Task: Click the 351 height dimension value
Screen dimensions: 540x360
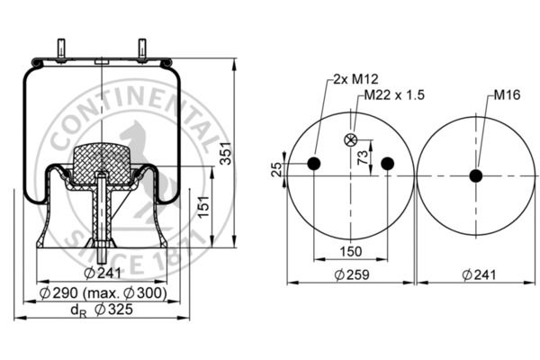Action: coord(226,153)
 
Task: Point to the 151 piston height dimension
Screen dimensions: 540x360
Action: coord(204,206)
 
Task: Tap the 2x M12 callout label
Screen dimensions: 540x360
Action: coord(355,79)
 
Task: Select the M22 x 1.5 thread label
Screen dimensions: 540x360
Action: coord(394,94)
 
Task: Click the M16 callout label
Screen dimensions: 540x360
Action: coord(507,94)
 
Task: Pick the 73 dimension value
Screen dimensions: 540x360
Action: coord(363,157)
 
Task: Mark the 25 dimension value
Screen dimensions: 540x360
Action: coord(276,169)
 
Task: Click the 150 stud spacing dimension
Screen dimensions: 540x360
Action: coord(351,251)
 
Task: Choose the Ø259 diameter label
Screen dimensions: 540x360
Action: coord(352,274)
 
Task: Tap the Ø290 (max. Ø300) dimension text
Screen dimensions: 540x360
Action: coord(103,292)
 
